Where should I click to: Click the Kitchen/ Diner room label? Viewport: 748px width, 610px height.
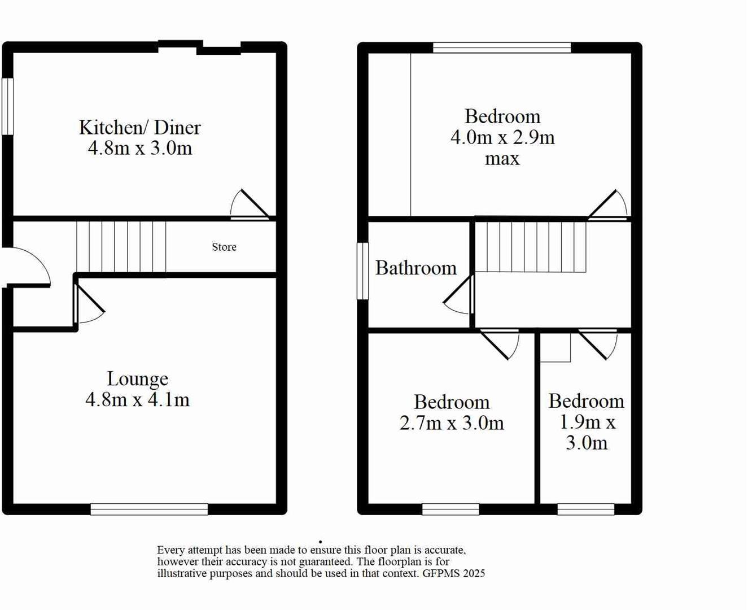pos(139,128)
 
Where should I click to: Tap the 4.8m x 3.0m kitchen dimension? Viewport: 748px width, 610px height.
pos(139,149)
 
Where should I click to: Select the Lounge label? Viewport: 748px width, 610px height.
pos(137,379)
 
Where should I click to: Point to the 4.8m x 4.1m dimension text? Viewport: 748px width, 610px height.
pos(137,400)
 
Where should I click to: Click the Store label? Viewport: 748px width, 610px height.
pos(224,247)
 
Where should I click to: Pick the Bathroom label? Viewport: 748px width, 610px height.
pos(415,268)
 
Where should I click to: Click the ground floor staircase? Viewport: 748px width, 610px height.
pos(121,247)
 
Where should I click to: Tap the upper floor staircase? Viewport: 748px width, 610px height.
pos(530,247)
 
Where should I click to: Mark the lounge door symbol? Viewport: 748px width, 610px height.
pos(89,304)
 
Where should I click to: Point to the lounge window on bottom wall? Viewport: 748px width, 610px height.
pos(149,509)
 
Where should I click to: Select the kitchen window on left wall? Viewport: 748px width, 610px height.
pos(7,106)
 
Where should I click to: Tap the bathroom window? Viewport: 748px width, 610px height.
pos(362,271)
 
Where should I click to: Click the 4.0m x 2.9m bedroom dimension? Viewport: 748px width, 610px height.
pos(502,137)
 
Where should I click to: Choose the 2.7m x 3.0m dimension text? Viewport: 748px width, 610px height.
pos(451,423)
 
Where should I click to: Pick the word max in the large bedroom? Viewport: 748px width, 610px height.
pos(502,159)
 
